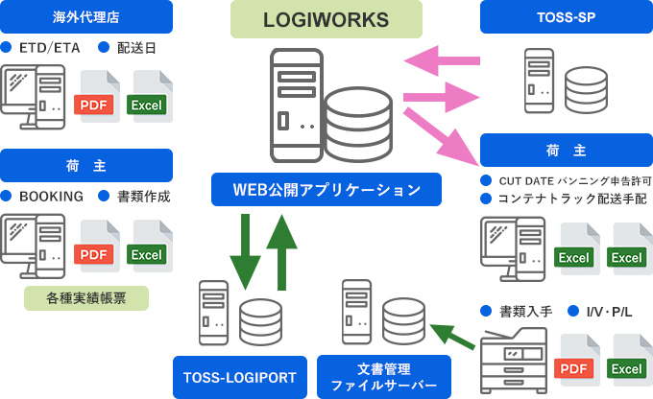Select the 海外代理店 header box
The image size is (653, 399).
click(86, 16)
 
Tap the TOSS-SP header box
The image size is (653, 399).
click(566, 16)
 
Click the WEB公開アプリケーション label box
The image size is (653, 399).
click(326, 189)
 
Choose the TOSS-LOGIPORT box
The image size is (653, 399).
click(240, 376)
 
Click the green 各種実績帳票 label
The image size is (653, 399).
click(86, 298)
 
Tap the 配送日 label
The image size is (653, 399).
click(136, 47)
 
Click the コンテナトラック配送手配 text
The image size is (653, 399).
click(572, 199)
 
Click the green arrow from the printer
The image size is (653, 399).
click(453, 337)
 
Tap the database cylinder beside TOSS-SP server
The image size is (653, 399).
click(585, 88)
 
